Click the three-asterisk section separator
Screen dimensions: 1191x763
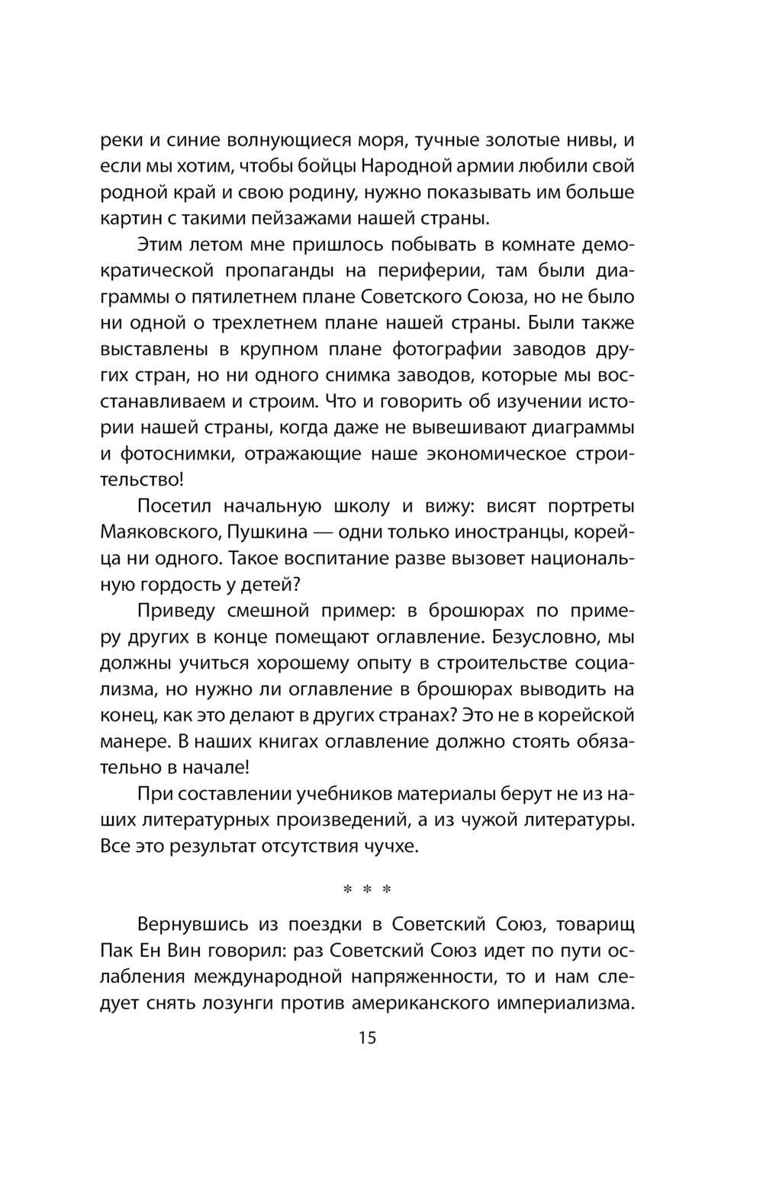tap(367, 890)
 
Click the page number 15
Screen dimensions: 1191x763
tap(367, 1038)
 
